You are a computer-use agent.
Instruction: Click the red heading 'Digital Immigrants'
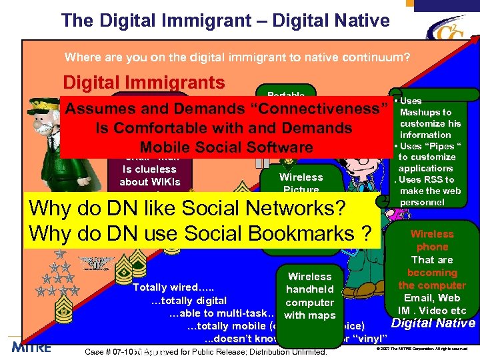(x=143, y=83)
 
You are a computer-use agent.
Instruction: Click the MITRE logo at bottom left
(x=31, y=347)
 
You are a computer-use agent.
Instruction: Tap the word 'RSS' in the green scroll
(x=429, y=179)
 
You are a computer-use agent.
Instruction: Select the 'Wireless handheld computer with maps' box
(x=309, y=295)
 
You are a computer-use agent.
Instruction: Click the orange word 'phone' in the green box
(x=432, y=247)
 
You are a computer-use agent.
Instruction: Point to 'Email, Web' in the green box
(x=432, y=298)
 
